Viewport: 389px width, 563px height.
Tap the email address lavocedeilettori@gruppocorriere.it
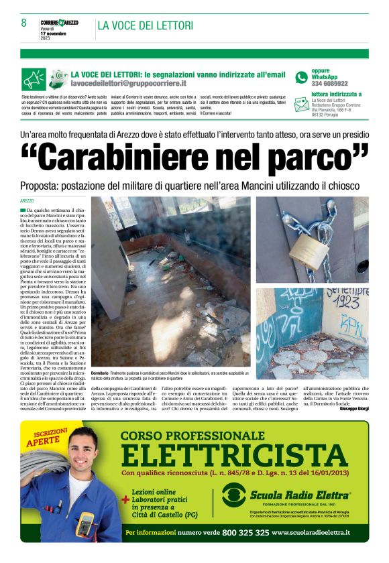coord(129,83)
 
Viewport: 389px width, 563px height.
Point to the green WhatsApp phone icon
coord(301,78)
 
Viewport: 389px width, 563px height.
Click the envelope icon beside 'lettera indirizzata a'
coord(302,104)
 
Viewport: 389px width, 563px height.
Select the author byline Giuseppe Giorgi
coord(354,408)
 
